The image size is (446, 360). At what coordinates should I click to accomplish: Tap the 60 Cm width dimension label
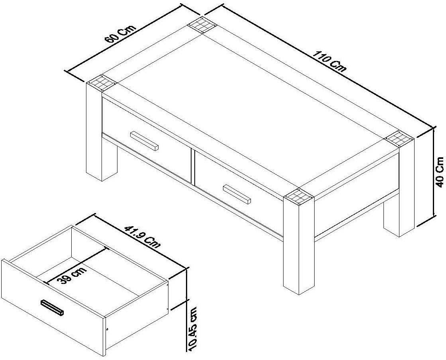point(120,34)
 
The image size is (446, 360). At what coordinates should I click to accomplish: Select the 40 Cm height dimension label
point(440,172)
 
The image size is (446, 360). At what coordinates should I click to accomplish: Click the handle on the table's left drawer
point(144,141)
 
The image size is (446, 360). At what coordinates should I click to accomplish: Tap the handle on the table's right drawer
point(237,194)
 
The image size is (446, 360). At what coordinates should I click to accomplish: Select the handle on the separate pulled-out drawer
point(52,308)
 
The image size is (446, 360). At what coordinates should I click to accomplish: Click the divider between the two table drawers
point(192,166)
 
